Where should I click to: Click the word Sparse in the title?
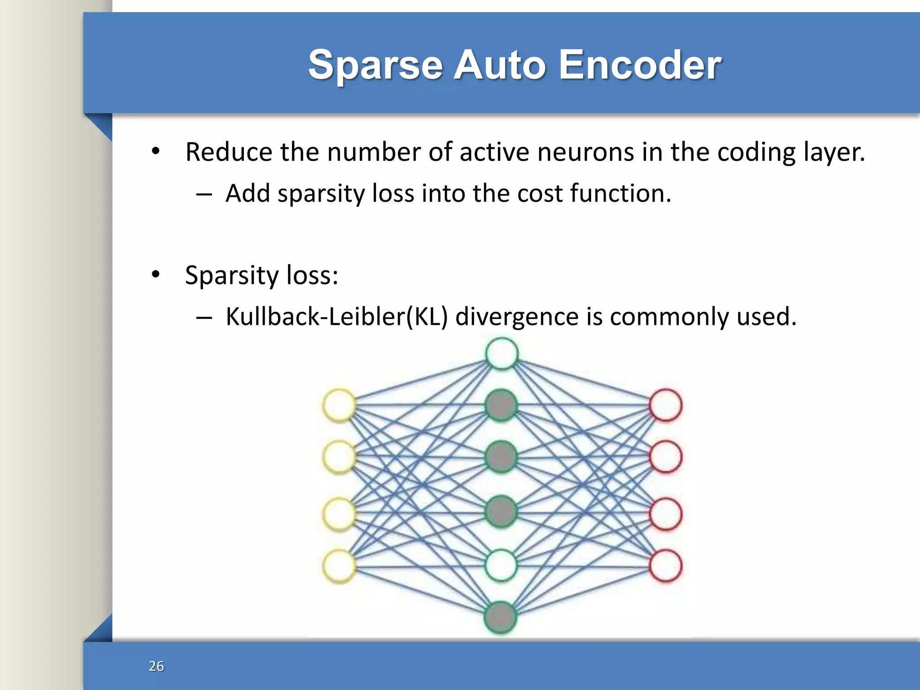click(376, 66)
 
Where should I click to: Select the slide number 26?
click(156, 666)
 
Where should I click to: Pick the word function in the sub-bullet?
click(620, 194)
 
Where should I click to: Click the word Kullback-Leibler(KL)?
click(336, 316)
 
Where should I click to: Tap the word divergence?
click(517, 317)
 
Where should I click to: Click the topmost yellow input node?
click(340, 405)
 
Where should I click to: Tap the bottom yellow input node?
click(340, 566)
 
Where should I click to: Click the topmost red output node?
click(665, 405)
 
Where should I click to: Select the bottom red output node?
click(665, 566)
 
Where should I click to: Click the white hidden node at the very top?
click(502, 354)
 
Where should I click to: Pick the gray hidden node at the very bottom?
click(500, 617)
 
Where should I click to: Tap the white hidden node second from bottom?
click(501, 565)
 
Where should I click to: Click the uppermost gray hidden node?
click(501, 405)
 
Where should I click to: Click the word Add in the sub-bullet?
click(248, 194)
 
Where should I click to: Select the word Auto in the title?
click(500, 66)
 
